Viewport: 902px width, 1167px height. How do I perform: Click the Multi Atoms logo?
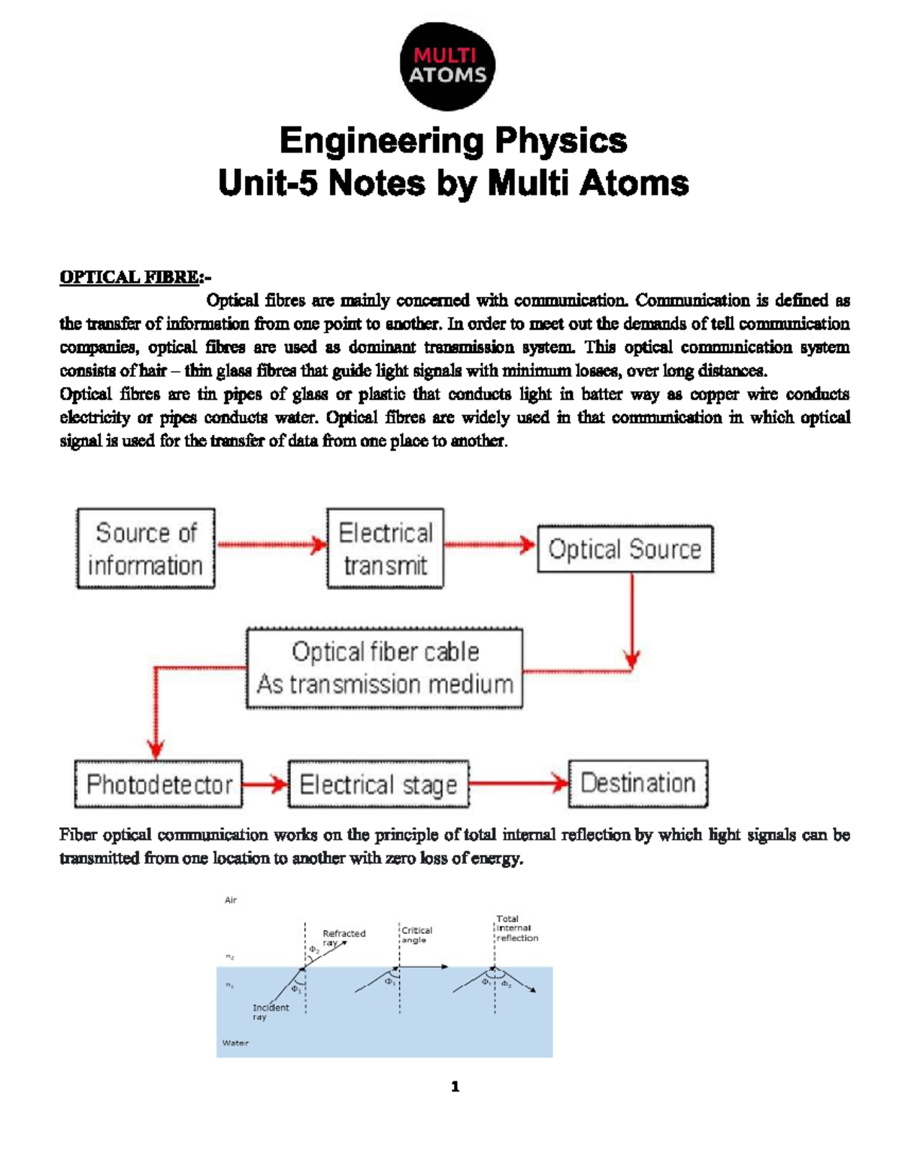click(448, 66)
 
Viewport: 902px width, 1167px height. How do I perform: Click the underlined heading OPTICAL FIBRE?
click(130, 277)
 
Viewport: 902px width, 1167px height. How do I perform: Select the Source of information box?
click(146, 549)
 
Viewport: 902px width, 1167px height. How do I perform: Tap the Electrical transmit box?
click(385, 549)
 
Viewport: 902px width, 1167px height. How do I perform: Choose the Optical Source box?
click(625, 549)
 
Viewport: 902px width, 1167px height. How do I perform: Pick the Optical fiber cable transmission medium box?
click(385, 668)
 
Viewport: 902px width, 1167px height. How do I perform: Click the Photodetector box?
click(159, 785)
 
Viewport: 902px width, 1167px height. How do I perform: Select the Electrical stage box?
click(378, 785)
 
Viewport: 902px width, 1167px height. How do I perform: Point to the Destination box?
click(638, 783)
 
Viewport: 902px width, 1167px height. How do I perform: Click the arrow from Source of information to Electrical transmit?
click(271, 545)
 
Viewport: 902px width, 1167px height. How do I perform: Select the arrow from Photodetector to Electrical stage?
click(265, 785)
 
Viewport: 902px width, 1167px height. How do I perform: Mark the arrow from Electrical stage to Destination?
click(519, 784)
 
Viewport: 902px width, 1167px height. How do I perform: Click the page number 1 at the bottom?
click(455, 1087)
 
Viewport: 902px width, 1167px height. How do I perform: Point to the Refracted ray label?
click(343, 937)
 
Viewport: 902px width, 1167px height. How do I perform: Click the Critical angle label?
click(416, 935)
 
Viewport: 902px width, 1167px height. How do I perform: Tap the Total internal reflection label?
click(516, 928)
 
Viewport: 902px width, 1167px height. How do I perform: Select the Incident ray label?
click(270, 1011)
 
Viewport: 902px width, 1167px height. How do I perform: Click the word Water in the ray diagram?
click(235, 1043)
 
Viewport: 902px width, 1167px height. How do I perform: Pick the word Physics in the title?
click(560, 141)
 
